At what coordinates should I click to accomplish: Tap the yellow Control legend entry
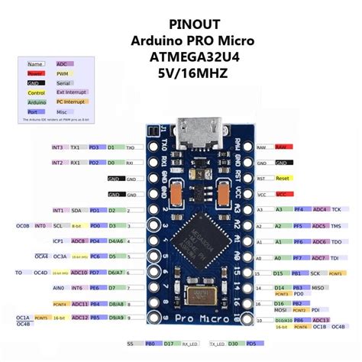point(36,92)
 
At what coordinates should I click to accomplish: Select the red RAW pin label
point(282,146)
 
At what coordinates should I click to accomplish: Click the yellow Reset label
point(282,178)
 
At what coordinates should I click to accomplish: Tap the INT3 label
point(57,146)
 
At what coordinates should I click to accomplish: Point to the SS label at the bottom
point(131,345)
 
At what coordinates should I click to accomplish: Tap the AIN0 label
point(57,288)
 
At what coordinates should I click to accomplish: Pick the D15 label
point(278,273)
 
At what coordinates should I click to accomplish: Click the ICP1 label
point(57,241)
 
